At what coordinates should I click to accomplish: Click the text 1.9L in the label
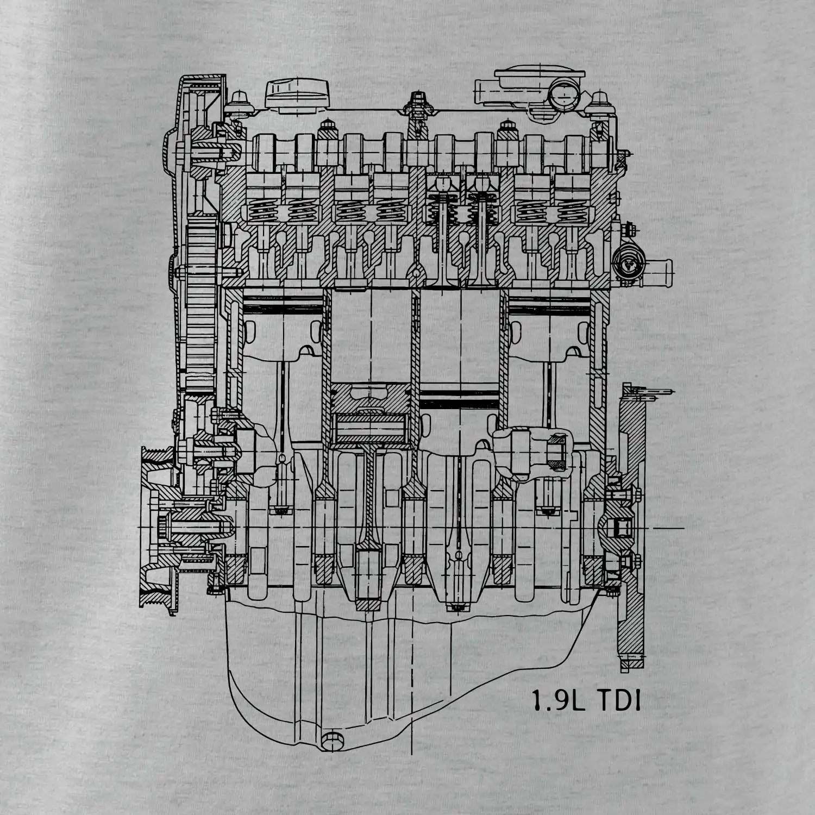pyautogui.click(x=558, y=701)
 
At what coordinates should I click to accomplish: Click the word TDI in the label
pyautogui.click(x=618, y=701)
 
